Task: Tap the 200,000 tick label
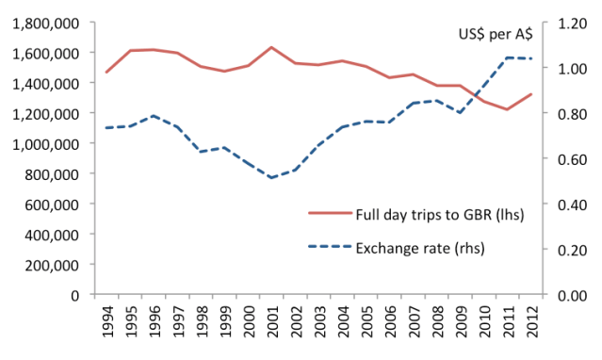[x=53, y=264]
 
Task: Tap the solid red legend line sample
[x=330, y=215]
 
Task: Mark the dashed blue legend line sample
[x=330, y=249]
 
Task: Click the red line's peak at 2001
[x=271, y=47]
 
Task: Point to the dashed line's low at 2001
[x=271, y=177]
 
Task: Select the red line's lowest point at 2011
[x=509, y=109]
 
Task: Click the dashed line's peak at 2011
[x=509, y=57]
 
